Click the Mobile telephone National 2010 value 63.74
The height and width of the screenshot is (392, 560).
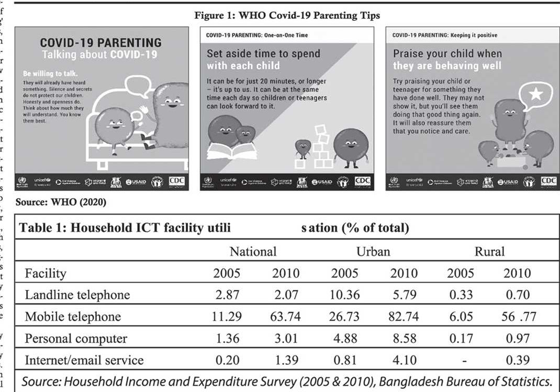285,317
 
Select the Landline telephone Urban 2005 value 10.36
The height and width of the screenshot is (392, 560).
344,295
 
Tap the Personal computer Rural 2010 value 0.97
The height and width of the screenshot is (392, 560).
517,339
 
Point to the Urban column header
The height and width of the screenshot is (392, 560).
373,252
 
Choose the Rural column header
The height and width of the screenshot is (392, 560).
489,252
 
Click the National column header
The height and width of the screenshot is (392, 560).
253,252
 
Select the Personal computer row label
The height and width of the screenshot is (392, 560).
76,339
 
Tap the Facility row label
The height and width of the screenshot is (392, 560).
46,273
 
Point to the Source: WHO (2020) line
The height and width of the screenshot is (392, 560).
61,202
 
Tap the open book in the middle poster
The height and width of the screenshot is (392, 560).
232,151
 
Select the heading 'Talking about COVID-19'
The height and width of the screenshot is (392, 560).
102,54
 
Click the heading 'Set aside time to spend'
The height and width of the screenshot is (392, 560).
263,53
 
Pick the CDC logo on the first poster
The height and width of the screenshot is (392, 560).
176,181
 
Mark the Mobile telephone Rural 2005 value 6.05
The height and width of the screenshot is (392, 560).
461,317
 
